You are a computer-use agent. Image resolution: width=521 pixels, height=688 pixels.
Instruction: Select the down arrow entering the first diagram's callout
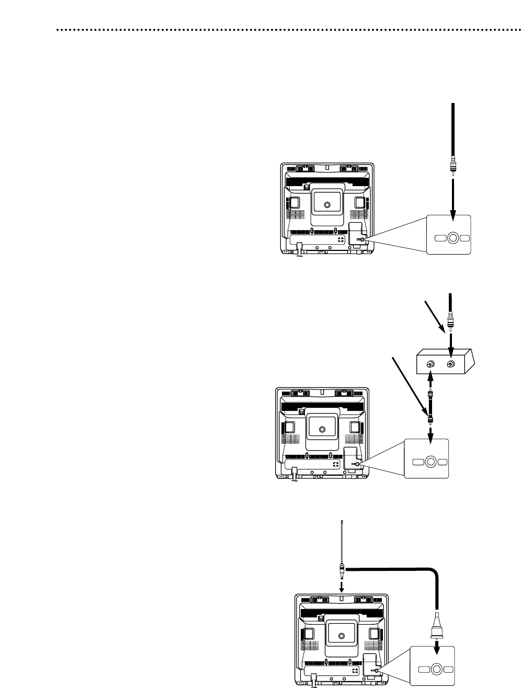(454, 198)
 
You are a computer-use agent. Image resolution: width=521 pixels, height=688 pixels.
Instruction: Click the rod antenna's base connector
(341, 566)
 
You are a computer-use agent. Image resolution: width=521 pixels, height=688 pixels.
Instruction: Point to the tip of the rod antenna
(341, 521)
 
